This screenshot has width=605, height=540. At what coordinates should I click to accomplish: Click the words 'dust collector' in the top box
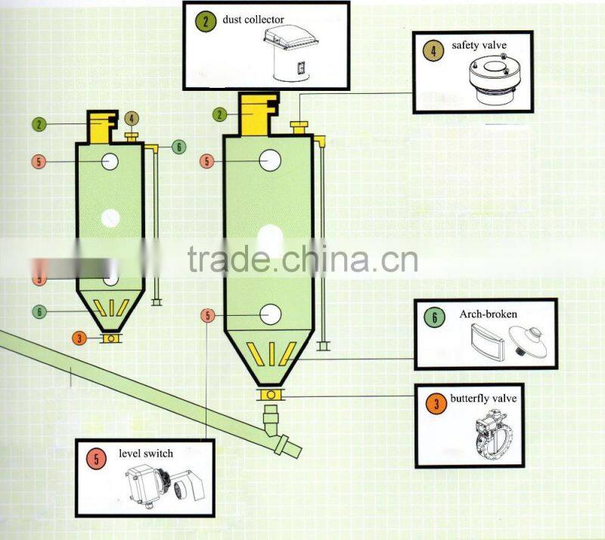253,19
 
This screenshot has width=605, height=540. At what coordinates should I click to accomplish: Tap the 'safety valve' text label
479,46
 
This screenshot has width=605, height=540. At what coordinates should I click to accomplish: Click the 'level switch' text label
146,453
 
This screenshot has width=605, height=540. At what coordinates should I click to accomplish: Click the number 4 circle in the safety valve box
433,52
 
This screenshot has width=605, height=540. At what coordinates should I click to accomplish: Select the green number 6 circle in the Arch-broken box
434,318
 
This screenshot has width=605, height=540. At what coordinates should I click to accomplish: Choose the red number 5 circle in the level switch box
96,458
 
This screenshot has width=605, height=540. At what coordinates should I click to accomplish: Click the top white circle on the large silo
270,161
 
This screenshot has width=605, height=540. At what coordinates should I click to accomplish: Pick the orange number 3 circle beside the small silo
79,339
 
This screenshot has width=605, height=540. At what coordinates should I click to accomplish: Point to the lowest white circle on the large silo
270,314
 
